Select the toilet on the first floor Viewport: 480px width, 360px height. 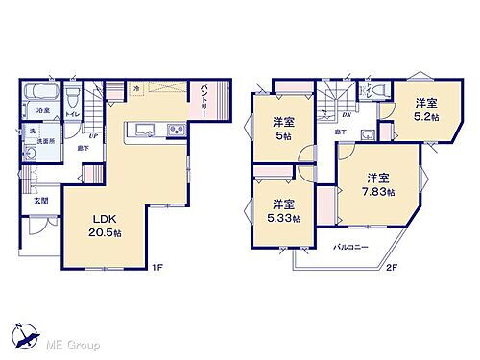point(72,94)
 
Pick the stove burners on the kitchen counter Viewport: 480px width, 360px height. point(176,131)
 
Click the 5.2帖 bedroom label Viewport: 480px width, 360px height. point(426,109)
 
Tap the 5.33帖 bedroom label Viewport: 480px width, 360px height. point(282,210)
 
